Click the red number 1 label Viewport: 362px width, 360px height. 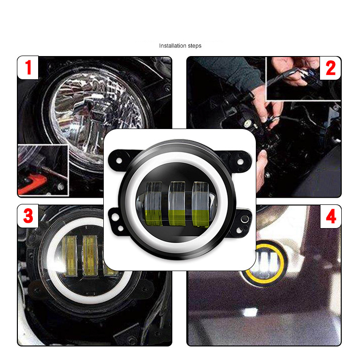28,68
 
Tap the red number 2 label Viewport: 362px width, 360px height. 330,68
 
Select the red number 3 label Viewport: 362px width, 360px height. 28,216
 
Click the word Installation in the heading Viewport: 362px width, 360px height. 171,46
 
